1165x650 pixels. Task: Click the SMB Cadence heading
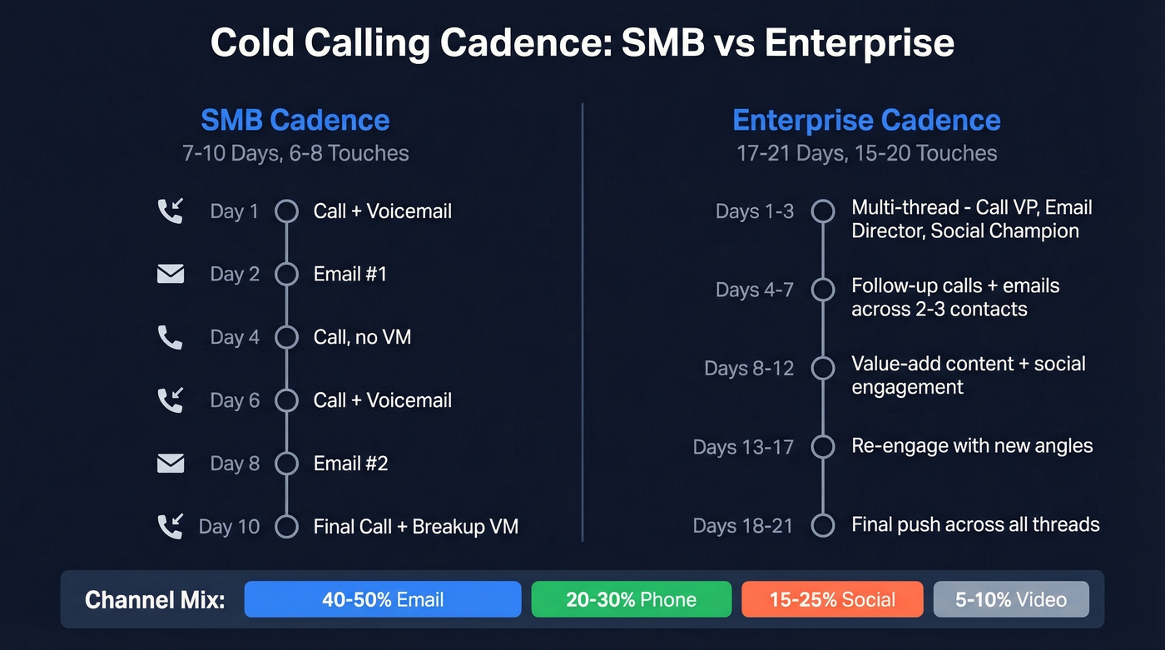coord(295,120)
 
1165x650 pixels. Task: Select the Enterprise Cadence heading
coord(866,120)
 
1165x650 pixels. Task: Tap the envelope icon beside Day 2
coord(171,274)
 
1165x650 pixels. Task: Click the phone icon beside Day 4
coord(170,337)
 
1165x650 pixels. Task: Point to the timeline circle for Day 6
coord(286,400)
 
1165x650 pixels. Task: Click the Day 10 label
coord(229,527)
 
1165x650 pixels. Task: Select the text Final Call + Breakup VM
coord(415,527)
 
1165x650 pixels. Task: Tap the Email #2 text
coord(350,464)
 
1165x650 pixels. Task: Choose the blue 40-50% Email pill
coord(383,599)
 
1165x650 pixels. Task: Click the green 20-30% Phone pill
coord(631,599)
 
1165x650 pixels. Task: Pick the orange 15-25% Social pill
coord(832,599)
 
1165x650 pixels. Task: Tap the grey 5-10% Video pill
coord(1010,599)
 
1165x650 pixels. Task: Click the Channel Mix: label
coord(155,600)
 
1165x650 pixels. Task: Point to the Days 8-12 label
coord(749,368)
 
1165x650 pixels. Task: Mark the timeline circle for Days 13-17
coord(823,446)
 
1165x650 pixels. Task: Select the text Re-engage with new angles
coord(972,446)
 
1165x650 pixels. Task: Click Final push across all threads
coord(975,524)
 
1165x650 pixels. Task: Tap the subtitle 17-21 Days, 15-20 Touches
coord(866,153)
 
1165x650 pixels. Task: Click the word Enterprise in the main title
coord(859,42)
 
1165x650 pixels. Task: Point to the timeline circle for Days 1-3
coord(823,211)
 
